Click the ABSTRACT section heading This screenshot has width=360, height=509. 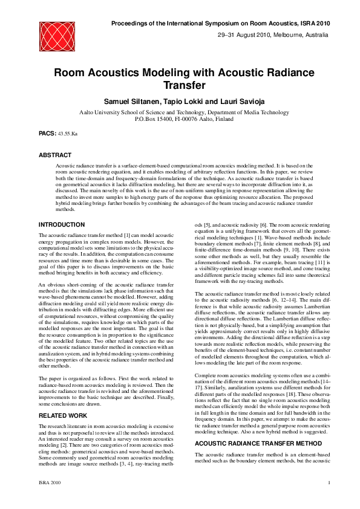point(54,155)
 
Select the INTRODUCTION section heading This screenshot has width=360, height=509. point(61,225)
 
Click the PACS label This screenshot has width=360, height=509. point(47,131)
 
